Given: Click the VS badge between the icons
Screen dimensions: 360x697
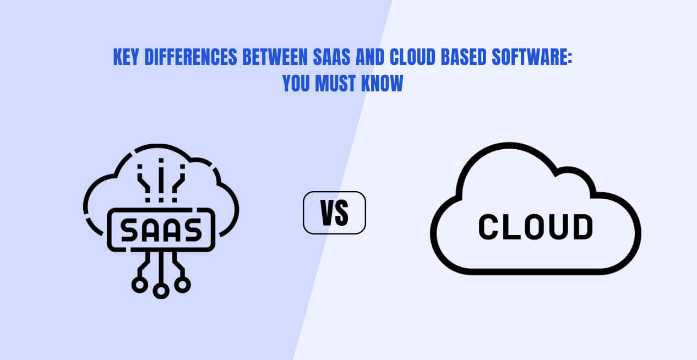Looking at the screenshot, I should pos(334,212).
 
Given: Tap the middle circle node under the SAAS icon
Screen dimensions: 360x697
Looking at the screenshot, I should pos(161,291).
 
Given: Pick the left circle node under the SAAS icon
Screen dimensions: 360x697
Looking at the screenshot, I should pos(140,284).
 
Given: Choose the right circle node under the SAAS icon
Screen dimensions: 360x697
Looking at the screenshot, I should pos(183,284).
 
